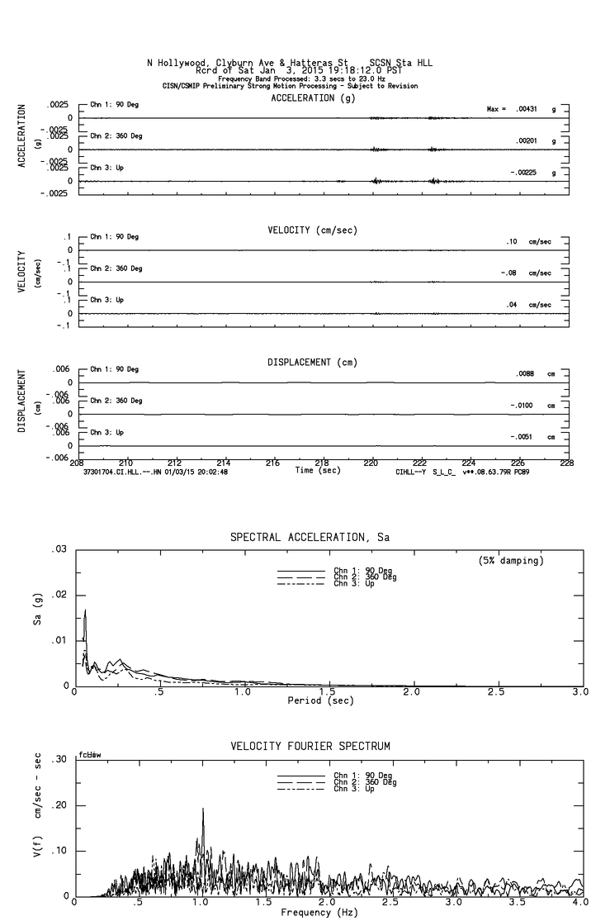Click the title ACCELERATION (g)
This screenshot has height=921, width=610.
[314, 97]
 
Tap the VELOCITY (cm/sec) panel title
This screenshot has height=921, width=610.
[312, 230]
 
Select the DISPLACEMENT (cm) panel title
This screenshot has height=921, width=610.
[312, 362]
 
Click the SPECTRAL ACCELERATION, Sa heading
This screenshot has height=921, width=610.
[310, 538]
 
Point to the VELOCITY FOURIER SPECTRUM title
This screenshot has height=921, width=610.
[310, 746]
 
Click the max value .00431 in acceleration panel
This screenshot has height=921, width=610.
[526, 109]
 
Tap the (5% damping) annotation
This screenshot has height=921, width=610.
[510, 560]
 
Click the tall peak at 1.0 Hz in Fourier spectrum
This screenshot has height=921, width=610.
[202, 810]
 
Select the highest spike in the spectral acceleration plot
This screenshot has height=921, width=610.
[85, 612]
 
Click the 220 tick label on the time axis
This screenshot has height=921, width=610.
[371, 463]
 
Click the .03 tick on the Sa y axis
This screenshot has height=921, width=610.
[58, 549]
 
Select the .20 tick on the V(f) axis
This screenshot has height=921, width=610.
[58, 805]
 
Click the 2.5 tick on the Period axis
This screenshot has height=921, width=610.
[497, 691]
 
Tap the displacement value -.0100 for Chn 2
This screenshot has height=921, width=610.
[523, 406]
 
